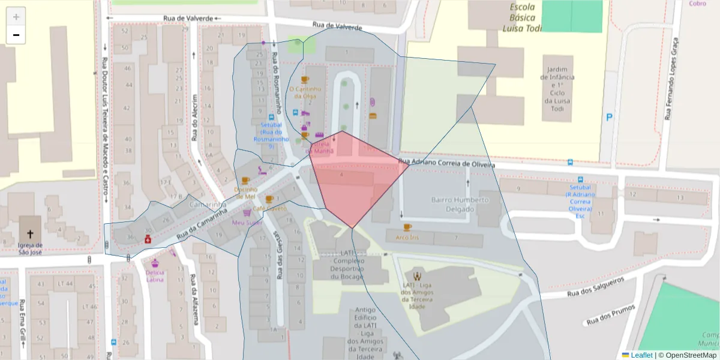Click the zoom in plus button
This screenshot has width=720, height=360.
point(16,16)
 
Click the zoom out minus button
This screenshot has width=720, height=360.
point(16,35)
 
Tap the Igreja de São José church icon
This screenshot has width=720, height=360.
point(29,233)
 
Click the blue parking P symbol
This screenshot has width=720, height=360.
point(610,118)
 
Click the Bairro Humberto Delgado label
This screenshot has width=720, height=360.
point(460,203)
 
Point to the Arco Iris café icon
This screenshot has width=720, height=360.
point(408,227)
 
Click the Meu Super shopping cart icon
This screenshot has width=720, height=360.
point(247,212)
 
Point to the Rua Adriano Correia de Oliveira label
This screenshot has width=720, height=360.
point(448,163)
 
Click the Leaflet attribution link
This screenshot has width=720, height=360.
point(641,355)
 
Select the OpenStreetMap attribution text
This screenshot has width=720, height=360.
point(687,355)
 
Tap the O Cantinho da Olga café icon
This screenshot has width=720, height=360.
point(305,80)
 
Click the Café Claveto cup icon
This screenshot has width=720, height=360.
point(269,199)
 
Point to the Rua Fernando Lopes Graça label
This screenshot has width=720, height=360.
point(671,78)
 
